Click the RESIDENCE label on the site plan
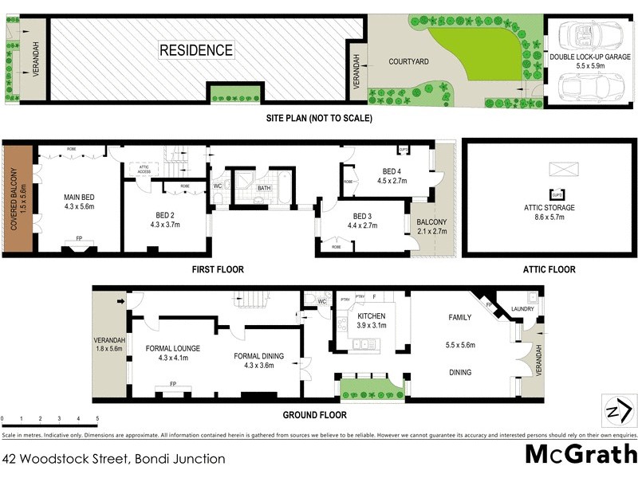[x=196, y=50]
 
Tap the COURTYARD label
[x=409, y=61]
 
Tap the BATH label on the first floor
[x=265, y=189]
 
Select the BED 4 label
[x=391, y=171]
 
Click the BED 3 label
[x=362, y=216]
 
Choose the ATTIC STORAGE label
[x=549, y=207]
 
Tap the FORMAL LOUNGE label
[x=172, y=348]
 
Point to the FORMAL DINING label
[x=257, y=356]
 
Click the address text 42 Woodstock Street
[x=113, y=459]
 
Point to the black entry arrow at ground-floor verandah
[x=120, y=301]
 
